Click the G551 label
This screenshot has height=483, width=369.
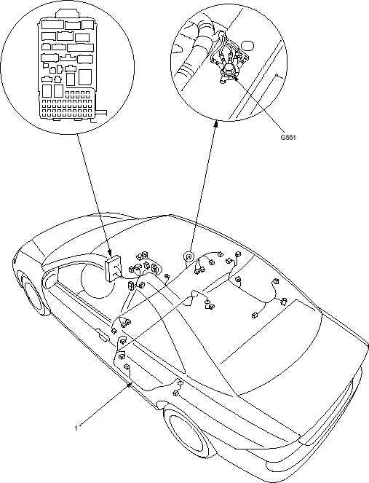pos(287,138)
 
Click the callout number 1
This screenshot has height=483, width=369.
pos(76,428)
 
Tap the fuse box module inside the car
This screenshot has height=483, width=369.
pos(113,268)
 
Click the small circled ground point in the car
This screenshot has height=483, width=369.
pos(189,256)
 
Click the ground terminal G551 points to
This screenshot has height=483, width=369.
pos(228,72)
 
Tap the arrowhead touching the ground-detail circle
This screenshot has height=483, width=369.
pos(216,123)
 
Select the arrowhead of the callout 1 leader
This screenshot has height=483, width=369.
pos(130,383)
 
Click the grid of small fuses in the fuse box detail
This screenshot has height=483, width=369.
pos(68,104)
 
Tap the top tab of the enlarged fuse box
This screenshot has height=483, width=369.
pos(68,13)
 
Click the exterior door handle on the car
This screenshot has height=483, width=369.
pos(103,335)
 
